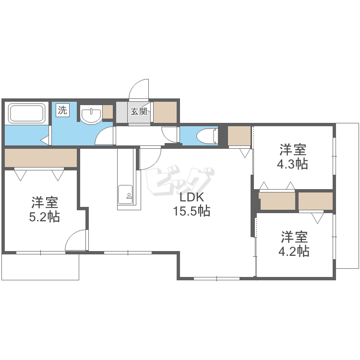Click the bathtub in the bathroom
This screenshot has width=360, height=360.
coord(27,114)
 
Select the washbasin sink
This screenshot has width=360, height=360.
coord(91,115)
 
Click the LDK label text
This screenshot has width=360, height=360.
coord(192,197)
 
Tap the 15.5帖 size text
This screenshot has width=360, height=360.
coord(192,211)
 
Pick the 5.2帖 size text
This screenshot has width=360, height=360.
coord(45,216)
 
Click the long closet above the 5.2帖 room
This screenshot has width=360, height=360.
coord(41,157)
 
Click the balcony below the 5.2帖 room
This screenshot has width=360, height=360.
coord(40,266)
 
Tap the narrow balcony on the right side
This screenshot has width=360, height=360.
coord(347,196)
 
